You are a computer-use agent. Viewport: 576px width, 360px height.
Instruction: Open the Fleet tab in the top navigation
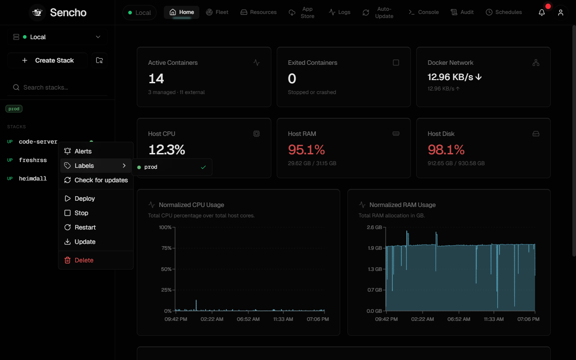217,12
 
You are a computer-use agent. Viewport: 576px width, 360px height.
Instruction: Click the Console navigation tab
423,12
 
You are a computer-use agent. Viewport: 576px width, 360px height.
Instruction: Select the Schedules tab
504,12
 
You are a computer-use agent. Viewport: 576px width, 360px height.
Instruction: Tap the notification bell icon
542,12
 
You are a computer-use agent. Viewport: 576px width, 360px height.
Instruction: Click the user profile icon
561,12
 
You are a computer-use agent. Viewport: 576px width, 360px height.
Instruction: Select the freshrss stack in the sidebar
33,160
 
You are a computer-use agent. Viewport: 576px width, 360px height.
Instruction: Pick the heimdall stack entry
33,179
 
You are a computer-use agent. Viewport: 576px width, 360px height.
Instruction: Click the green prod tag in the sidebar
14,109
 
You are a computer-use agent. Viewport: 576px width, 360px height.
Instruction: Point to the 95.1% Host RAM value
306,150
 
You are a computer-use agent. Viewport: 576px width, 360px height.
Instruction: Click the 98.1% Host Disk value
446,150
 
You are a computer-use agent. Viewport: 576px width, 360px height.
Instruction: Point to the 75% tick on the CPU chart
166,248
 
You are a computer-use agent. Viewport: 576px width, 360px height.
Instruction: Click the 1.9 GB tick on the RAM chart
375,248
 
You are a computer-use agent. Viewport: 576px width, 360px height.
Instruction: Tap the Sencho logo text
68,12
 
